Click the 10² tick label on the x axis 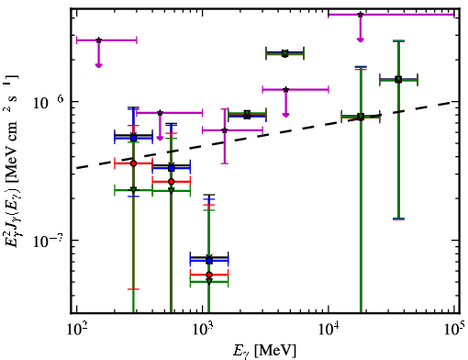pos(76,330)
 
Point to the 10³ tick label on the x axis pos(203,330)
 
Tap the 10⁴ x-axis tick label pos(329,330)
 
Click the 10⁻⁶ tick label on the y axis pos(49,103)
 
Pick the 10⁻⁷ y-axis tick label pos(49,242)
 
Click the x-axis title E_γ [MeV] pos(264,351)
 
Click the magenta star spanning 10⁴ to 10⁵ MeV pos(361,15)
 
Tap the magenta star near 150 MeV pos(98,40)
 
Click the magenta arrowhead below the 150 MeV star pos(98,65)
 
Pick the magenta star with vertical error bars pos(225,130)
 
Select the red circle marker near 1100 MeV pos(209,275)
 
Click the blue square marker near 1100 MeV pos(209,261)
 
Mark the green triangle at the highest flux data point pos(285,54)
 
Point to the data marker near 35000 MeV pos(398,80)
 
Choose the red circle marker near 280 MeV pos(133,163)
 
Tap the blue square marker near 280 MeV pos(133,138)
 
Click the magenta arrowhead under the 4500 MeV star pos(285,115)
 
